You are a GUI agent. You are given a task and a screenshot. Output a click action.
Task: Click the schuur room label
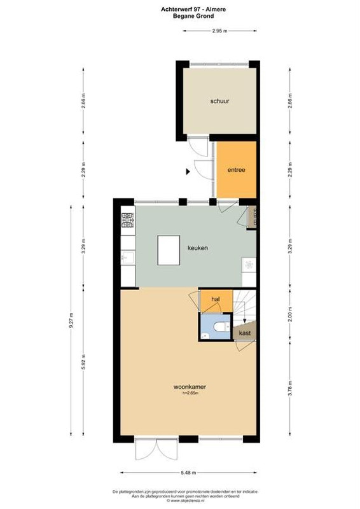219,101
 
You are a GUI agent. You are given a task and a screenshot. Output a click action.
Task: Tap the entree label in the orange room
236,170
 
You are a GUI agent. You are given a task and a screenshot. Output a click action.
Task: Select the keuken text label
198,248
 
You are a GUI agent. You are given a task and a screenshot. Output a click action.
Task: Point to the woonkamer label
190,387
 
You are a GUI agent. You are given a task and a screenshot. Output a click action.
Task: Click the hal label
216,299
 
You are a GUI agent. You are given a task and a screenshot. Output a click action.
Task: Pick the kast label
244,333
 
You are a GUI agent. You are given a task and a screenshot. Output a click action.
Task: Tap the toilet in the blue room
221,326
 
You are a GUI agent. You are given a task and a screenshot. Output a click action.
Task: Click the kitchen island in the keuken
169,250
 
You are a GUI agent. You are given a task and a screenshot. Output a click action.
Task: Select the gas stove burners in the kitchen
128,220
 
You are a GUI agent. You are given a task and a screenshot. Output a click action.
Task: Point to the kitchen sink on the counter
128,258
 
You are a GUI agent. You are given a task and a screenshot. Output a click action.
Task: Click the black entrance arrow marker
188,171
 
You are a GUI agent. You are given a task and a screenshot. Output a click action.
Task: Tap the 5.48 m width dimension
188,473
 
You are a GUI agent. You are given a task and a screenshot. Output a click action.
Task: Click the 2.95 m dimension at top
220,31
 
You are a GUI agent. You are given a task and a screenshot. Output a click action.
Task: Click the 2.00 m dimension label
290,314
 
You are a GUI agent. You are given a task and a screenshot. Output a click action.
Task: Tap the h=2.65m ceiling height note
190,393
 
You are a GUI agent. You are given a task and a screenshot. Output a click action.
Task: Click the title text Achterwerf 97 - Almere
193,10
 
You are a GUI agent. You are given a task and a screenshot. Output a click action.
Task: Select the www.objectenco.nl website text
185,501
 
